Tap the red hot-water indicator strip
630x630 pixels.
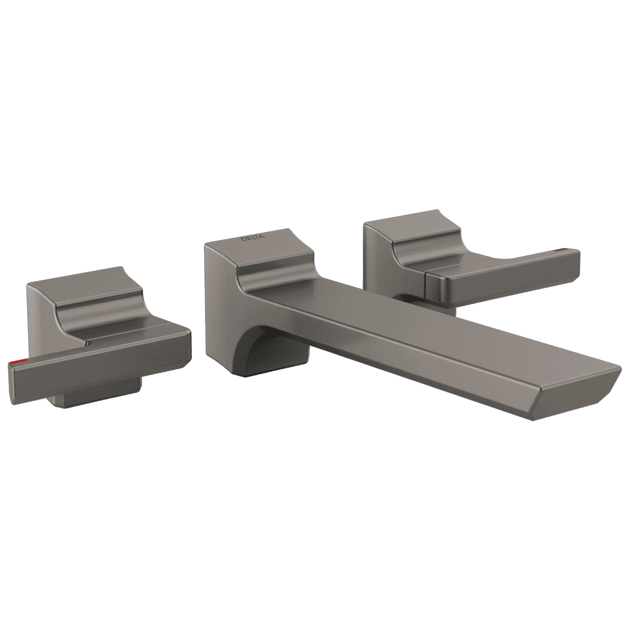tap(20, 363)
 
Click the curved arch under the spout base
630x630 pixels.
tap(257, 344)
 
